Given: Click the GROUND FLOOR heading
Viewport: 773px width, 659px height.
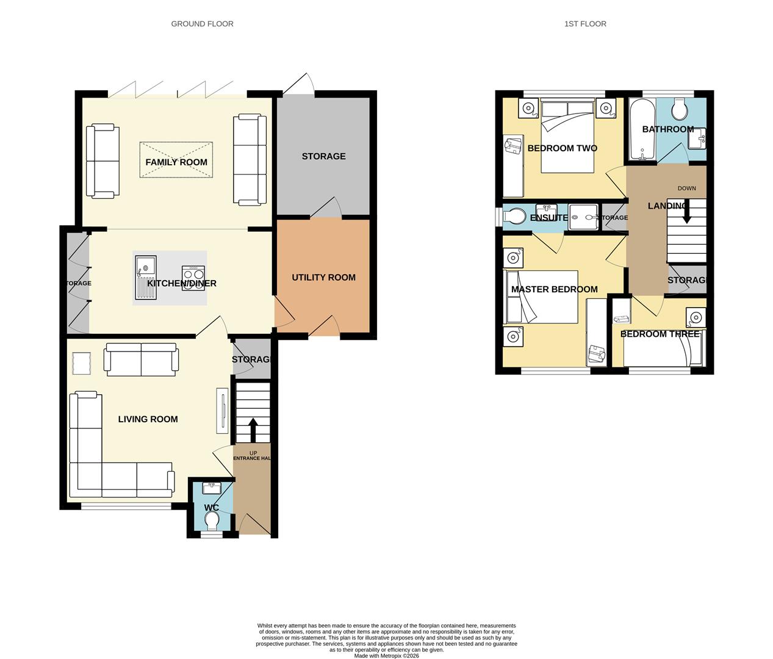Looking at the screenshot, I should point(202,24).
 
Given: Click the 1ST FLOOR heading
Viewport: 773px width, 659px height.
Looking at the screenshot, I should point(584,24).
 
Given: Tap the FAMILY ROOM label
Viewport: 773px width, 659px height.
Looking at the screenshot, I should point(176,162).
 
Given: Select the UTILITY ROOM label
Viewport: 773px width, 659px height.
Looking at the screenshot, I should point(323,278).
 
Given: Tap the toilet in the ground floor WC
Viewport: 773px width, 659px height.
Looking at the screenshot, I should point(212,522).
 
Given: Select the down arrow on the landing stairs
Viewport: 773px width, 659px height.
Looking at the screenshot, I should point(686,214).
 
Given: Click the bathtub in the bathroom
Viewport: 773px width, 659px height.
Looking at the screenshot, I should point(641,129).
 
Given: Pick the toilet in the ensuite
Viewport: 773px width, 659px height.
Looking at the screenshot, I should point(515,217).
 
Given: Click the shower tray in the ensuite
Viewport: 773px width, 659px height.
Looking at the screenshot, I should point(583,217).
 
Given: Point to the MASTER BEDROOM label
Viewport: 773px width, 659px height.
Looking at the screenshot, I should point(554,290).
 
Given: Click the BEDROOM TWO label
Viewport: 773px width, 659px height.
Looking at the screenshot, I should point(562,148).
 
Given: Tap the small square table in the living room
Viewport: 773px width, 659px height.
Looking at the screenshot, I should point(81,364).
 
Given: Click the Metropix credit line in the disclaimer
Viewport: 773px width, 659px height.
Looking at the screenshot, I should point(386,656).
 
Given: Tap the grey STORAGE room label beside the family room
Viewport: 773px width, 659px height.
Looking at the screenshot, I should point(323,157).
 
